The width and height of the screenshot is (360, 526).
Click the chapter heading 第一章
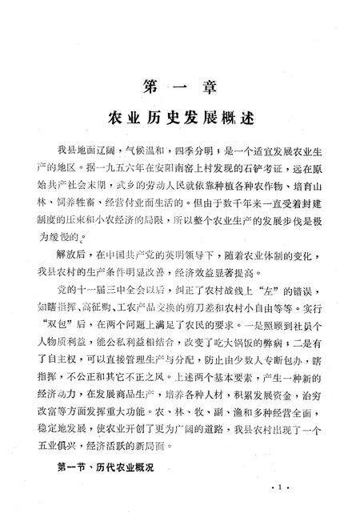tap(180, 84)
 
